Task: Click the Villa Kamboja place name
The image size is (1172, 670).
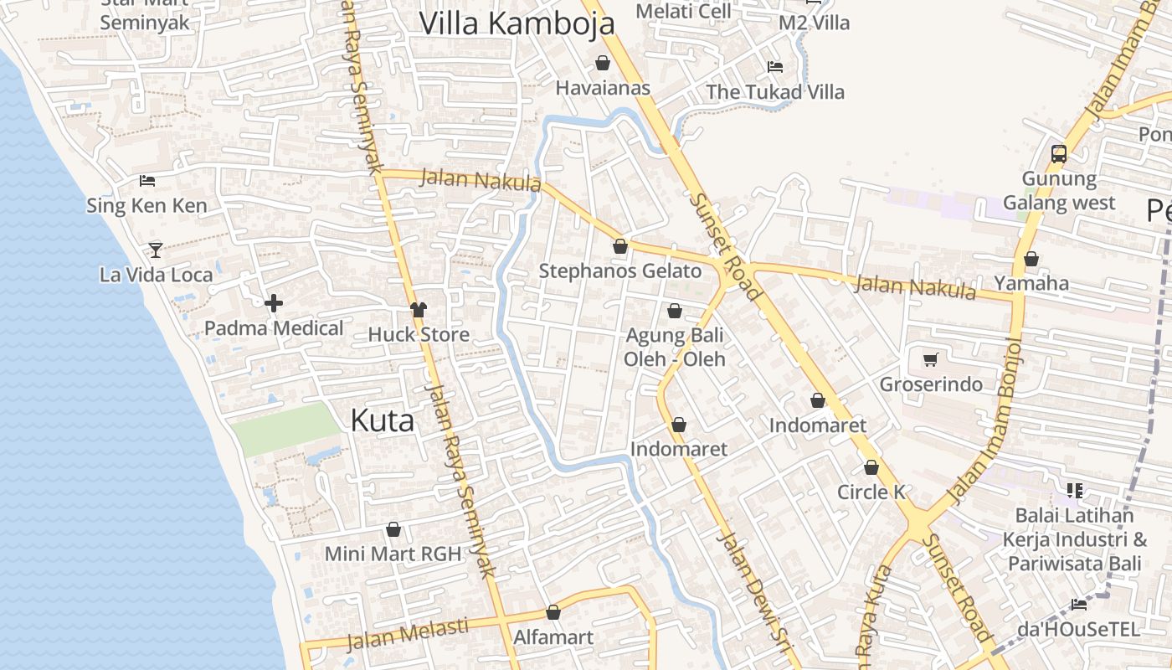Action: (517, 23)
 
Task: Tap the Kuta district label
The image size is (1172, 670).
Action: (382, 420)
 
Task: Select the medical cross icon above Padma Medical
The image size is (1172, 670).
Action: (274, 303)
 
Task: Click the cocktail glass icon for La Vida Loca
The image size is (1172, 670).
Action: (156, 250)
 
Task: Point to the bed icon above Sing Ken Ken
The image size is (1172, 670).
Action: (147, 180)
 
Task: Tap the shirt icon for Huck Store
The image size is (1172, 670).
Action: (419, 310)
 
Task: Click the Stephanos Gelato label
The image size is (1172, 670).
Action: (619, 271)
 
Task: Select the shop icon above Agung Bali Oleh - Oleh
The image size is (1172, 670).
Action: (675, 312)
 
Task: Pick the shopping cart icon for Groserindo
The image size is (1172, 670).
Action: (930, 360)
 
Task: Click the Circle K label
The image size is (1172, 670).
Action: (871, 492)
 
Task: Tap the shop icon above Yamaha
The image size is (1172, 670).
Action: (1031, 260)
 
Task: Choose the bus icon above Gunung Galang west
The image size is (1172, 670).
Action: (1059, 154)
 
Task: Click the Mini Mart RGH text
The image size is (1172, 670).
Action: (393, 554)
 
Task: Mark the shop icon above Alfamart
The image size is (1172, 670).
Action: (553, 613)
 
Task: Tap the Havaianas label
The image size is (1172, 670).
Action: (603, 88)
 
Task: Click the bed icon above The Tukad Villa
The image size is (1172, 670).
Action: (775, 67)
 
